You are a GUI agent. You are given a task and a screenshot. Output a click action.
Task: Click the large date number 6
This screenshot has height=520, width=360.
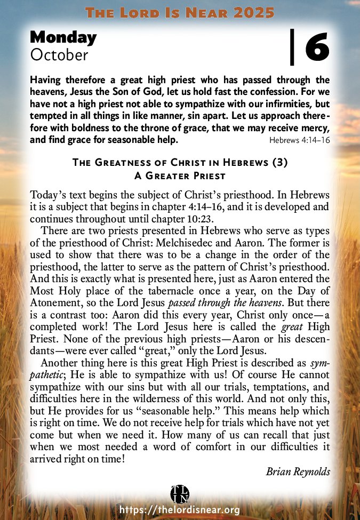[317, 46]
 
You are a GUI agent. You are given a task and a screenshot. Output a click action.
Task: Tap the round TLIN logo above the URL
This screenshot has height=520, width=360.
[180, 493]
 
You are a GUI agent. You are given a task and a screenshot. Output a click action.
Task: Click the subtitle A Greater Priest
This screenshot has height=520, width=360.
[180, 175]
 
